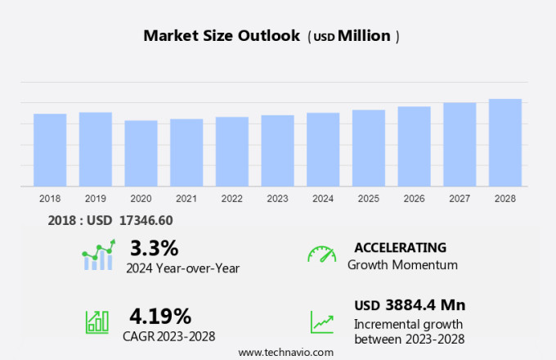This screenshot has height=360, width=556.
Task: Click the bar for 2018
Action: (50, 150)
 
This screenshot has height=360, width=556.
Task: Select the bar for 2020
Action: (141, 153)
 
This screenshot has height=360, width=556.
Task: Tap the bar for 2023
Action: (277, 151)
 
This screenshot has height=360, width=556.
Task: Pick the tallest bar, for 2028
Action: (505, 142)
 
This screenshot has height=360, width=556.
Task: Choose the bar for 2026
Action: (415, 146)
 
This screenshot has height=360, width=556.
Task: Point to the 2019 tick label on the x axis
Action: (95, 199)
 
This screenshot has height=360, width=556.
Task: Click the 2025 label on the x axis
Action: (369, 199)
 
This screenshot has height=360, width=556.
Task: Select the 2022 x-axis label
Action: (231, 199)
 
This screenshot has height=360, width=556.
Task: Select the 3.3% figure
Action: (154, 247)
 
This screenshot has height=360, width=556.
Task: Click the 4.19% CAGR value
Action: (160, 316)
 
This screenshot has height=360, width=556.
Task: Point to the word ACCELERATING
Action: (400, 247)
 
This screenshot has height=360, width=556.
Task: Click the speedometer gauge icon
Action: (321, 254)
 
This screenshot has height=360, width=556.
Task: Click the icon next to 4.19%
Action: (97, 321)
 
